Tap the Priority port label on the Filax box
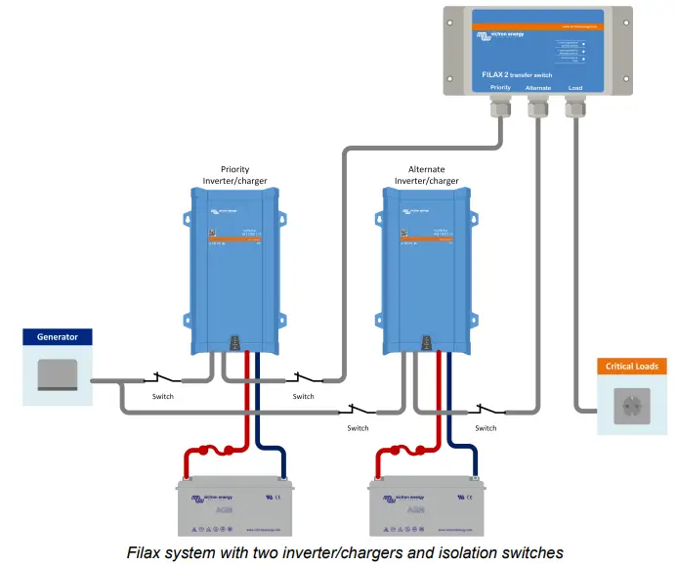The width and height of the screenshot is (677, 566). [x=500, y=87]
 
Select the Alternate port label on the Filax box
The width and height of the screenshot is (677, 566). [x=538, y=87]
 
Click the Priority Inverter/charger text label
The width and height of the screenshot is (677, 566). [x=234, y=175]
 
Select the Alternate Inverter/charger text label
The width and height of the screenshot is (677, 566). [x=426, y=175]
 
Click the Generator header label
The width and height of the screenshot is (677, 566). [x=57, y=337]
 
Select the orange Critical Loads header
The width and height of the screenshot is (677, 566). [x=632, y=367]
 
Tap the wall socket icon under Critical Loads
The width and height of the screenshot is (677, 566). [x=632, y=405]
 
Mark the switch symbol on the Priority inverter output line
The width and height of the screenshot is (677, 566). [x=304, y=378]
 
